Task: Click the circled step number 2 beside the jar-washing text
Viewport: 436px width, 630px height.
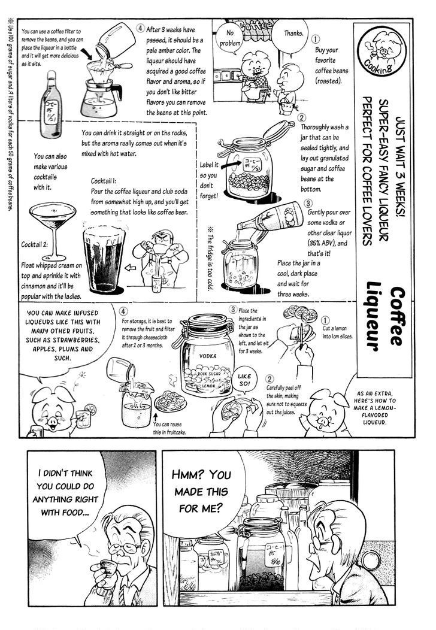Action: (x=301, y=118)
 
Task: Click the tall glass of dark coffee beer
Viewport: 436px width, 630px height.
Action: (x=104, y=258)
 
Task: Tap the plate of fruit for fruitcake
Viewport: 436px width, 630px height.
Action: (x=169, y=401)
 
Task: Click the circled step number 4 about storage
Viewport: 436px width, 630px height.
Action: (x=123, y=311)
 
